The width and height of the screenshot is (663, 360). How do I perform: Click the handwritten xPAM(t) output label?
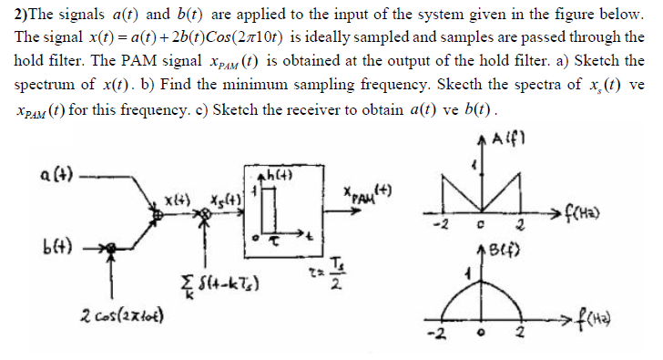361,195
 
